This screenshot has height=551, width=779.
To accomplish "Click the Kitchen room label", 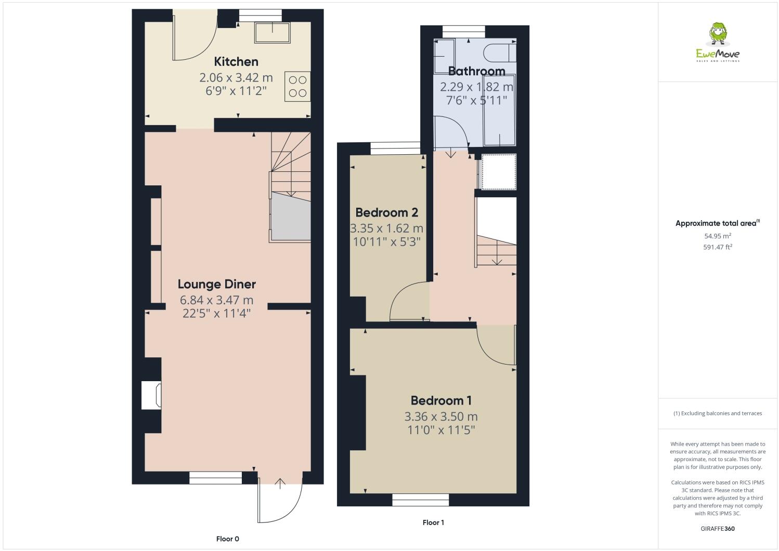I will pos(236,62).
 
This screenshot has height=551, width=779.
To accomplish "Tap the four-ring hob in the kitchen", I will pos(297,87).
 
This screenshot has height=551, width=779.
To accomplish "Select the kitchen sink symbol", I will pos(272,33).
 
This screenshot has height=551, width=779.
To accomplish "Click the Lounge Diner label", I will pos(216,284).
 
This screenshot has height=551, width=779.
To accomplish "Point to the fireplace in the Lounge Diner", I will pos(151,395).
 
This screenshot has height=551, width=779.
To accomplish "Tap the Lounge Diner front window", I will pos(215,478).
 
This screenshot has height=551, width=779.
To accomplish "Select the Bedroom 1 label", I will pos(440,400).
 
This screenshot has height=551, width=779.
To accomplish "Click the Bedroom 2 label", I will pos(386,212).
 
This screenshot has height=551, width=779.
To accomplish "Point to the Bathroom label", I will pos(476,71).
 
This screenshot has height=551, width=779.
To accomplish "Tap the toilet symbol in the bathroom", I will pos(499,53).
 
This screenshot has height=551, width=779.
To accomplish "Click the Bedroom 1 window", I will pos(420,500).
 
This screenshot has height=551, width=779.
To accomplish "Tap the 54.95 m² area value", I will pos(718,236).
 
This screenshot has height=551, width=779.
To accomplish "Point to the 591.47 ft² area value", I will pos(718,247).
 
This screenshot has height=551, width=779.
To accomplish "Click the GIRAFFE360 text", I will pos(718,529).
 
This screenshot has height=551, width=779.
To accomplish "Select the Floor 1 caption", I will pos(433,522).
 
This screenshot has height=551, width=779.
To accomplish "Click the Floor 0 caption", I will pos(227,539).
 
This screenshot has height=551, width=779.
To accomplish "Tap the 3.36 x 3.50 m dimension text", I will pos(440,416).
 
